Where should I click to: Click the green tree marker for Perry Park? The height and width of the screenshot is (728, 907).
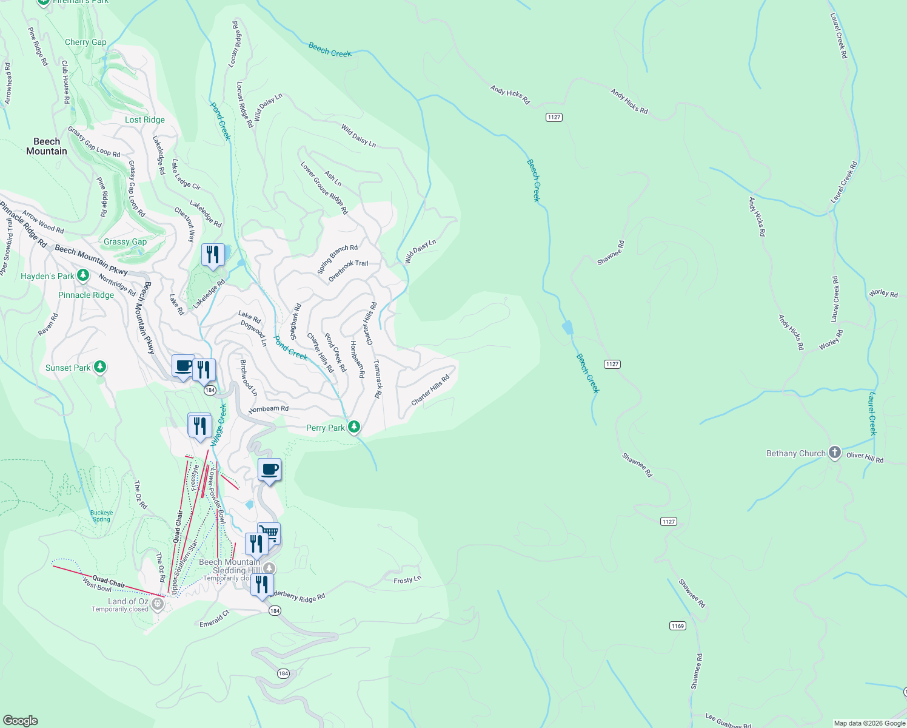[354, 427]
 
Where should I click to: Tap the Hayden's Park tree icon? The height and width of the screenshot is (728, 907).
[83, 276]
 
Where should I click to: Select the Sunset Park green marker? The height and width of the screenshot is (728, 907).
[100, 367]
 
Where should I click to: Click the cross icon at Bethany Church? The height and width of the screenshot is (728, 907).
[835, 453]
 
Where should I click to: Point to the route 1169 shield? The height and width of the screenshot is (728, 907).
[678, 625]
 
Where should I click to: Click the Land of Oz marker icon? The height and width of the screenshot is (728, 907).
[158, 604]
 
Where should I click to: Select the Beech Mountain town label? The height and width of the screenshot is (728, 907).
[47, 146]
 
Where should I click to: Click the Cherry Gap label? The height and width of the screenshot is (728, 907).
[85, 42]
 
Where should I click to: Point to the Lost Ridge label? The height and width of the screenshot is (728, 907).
[145, 120]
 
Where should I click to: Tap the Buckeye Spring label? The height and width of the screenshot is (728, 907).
[101, 516]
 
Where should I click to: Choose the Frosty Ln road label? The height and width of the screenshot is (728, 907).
[407, 580]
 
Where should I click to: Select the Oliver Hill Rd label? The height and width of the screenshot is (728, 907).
[865, 457]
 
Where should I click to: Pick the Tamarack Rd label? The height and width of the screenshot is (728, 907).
[377, 379]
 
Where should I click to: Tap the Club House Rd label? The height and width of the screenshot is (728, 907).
[65, 81]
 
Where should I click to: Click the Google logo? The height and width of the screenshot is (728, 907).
[21, 720]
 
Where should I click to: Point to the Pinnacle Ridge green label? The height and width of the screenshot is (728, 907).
[86, 295]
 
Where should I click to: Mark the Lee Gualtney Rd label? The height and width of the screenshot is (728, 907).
[728, 721]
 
